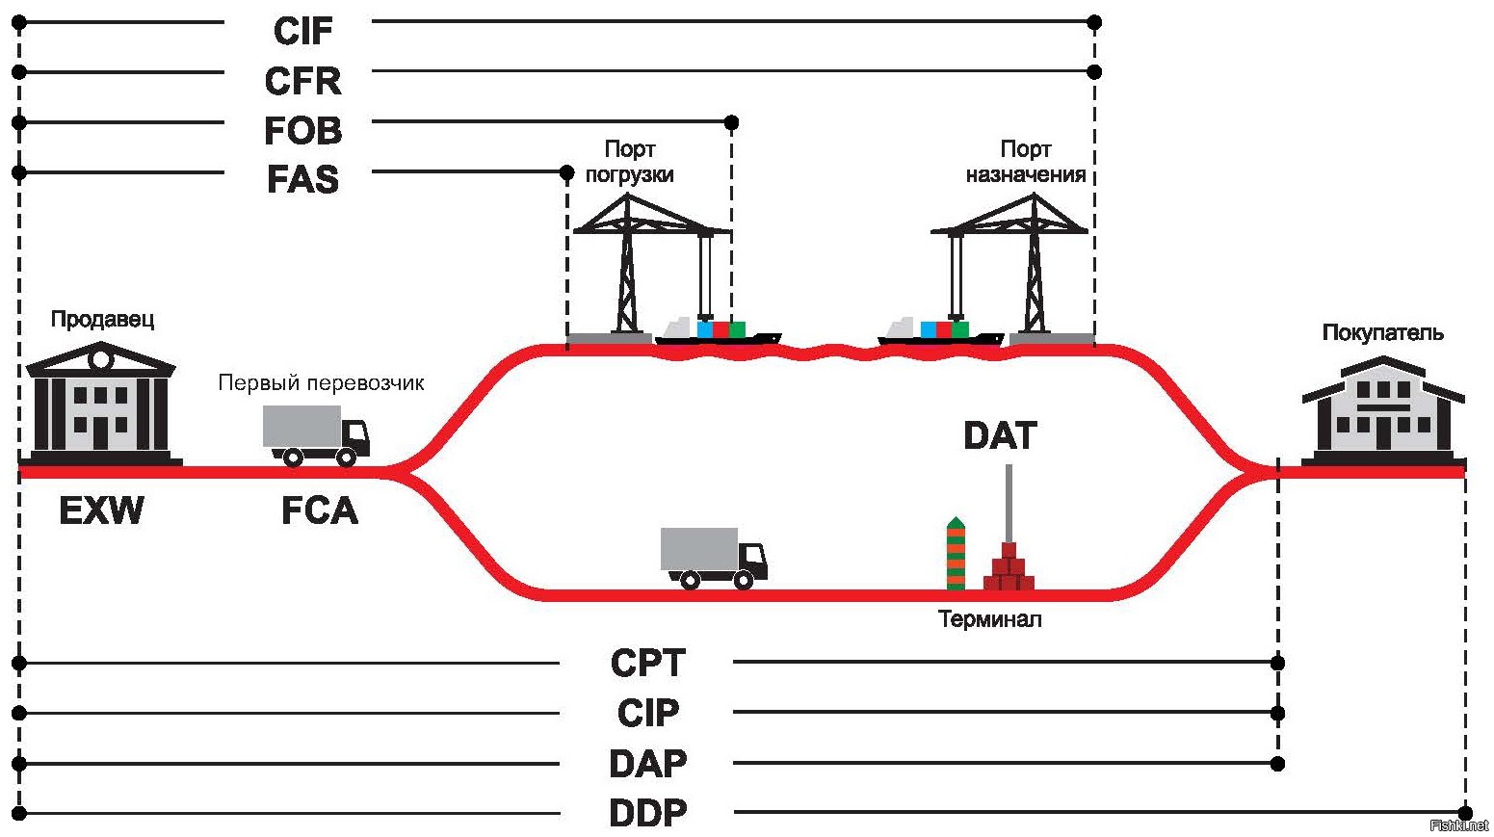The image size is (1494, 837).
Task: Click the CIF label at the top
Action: pyautogui.click(x=302, y=31)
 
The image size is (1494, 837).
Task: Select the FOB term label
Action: pyautogui.click(x=302, y=131)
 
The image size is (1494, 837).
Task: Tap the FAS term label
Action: pyautogui.click(x=302, y=180)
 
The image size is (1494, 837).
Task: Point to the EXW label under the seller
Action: pyautogui.click(x=101, y=510)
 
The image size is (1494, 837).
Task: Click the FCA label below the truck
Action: pyautogui.click(x=319, y=510)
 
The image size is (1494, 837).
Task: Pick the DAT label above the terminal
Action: pyautogui.click(x=1000, y=436)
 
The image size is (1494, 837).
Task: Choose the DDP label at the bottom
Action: pyautogui.click(x=648, y=814)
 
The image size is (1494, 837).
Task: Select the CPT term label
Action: pyautogui.click(x=648, y=664)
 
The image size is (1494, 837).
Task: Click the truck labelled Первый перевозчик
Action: pyautogui.click(x=315, y=435)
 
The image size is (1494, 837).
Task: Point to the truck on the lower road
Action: pyautogui.click(x=714, y=558)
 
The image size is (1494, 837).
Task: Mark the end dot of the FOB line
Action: pyautogui.click(x=731, y=122)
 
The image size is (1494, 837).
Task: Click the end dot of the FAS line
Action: pyautogui.click(x=566, y=172)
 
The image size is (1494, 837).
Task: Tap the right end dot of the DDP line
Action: pyautogui.click(x=1465, y=813)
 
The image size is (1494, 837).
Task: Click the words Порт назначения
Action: pyautogui.click(x=1026, y=162)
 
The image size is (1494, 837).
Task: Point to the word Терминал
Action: pyautogui.click(x=989, y=619)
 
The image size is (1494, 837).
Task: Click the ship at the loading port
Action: pyautogui.click(x=718, y=332)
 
